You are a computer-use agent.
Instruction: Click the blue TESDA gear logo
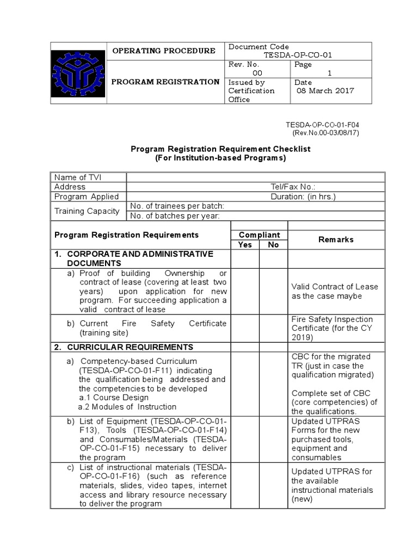pyautogui.click(x=78, y=73)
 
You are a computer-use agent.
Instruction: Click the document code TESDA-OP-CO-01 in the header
pyautogui.click(x=298, y=55)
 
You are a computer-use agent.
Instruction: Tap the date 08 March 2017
pyautogui.click(x=325, y=91)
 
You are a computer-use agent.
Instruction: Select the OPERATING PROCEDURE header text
pyautogui.click(x=163, y=51)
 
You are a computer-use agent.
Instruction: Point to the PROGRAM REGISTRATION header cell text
pyautogui.click(x=165, y=82)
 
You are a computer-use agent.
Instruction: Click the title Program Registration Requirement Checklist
pyautogui.click(x=220, y=149)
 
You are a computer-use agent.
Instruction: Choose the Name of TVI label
pyautogui.click(x=78, y=177)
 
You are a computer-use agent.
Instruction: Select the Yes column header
pyautogui.click(x=245, y=245)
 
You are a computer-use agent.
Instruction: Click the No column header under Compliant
pyautogui.click(x=273, y=245)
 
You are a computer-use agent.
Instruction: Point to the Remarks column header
pyautogui.click(x=336, y=239)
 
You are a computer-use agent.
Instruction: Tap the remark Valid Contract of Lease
pyautogui.click(x=335, y=287)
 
